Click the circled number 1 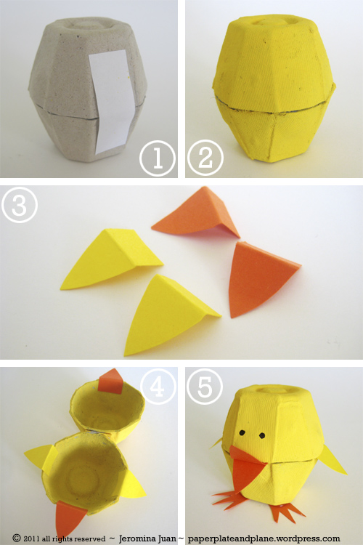pos(158,158)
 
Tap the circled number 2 pos(205,158)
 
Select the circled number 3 pos(20,205)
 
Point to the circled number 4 pos(158,386)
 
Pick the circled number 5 pos(205,387)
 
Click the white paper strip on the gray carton pos(112,101)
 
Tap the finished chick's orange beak pos(247,466)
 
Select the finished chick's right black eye pos(262,435)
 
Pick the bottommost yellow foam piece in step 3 pos(168,314)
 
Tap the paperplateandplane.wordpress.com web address pos(264,538)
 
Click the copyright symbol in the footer pos(17,538)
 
